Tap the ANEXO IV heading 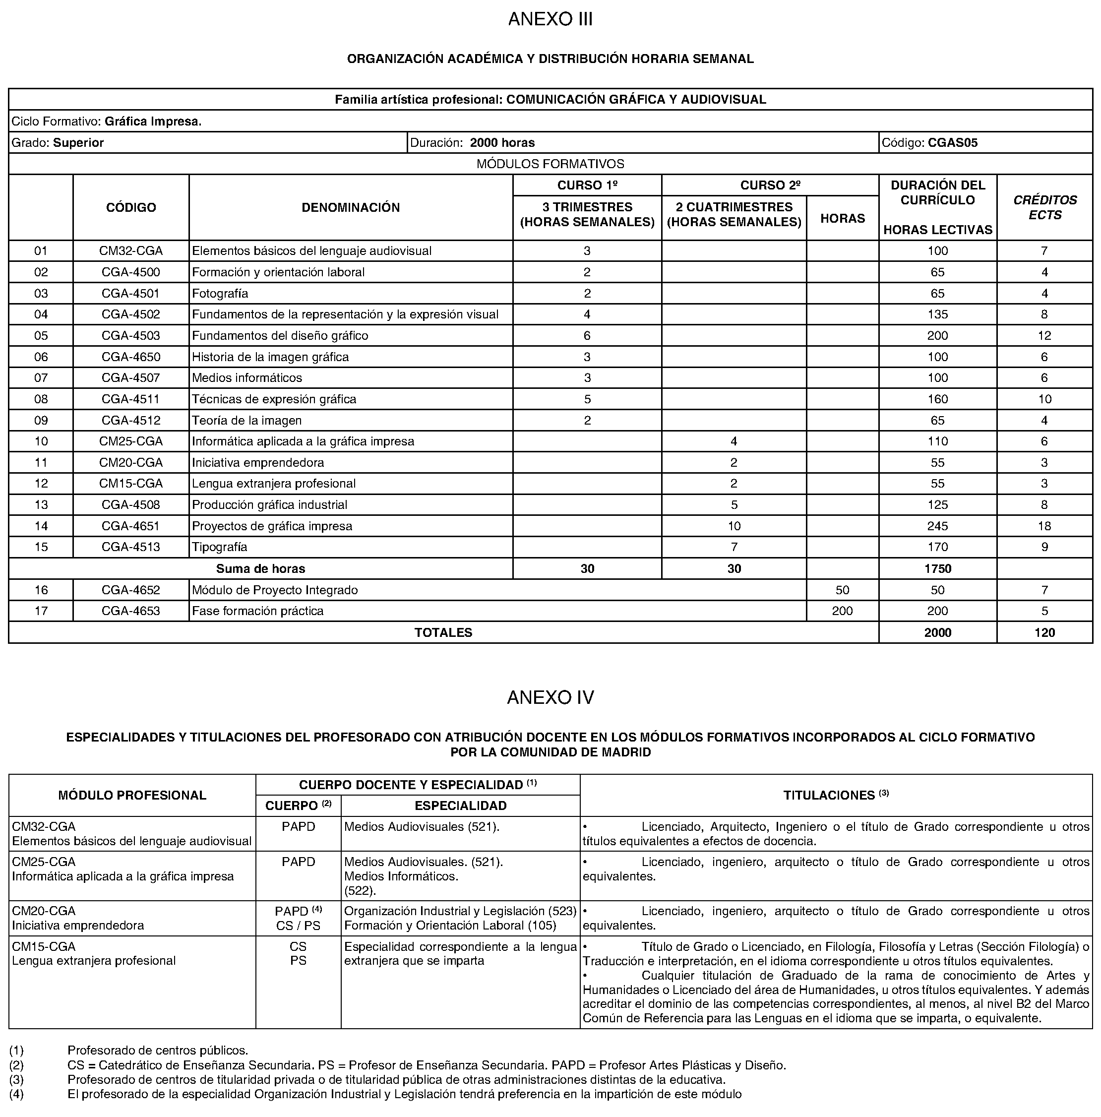[x=550, y=698]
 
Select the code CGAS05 [x=953, y=143]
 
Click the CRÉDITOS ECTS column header [x=1044, y=207]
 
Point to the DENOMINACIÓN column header [x=350, y=207]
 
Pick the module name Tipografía [x=220, y=547]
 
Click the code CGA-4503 [x=130, y=336]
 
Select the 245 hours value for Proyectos [x=937, y=526]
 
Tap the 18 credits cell [x=1044, y=526]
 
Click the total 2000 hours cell [x=937, y=632]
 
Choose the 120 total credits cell [x=1044, y=632]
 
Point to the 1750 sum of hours [x=937, y=569]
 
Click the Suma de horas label [x=261, y=569]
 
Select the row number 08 [x=41, y=399]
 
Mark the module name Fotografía [x=220, y=294]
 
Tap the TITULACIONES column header [x=835, y=796]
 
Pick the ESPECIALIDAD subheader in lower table [x=460, y=806]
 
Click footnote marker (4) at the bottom [x=16, y=1094]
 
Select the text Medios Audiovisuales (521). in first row [x=422, y=827]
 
